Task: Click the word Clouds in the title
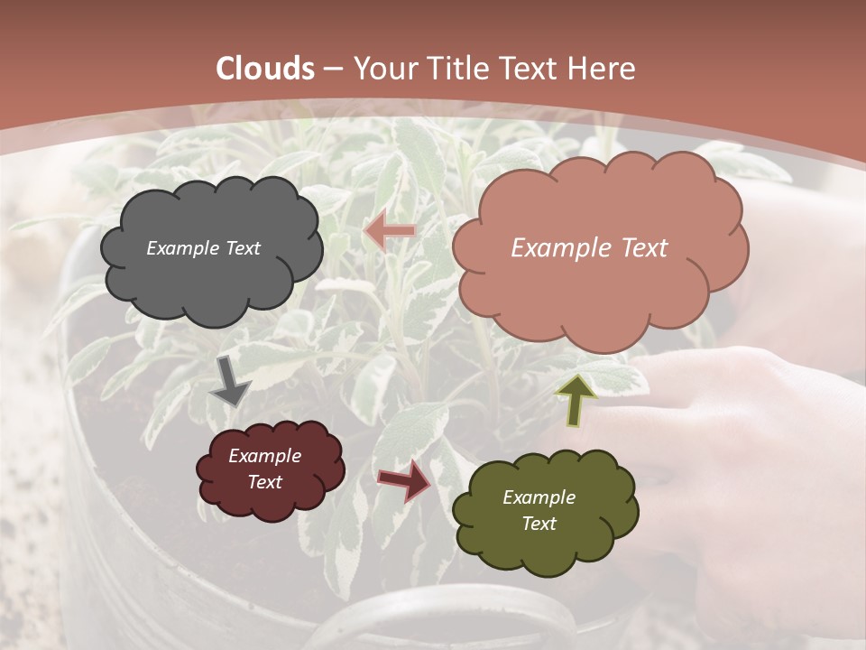click(x=266, y=69)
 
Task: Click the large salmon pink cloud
click(x=600, y=248)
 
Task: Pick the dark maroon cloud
click(x=270, y=469)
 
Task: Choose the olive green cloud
click(x=545, y=510)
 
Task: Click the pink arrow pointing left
click(x=390, y=231)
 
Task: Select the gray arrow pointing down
click(x=231, y=380)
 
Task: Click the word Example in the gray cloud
click(x=181, y=248)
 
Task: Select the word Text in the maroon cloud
click(x=264, y=482)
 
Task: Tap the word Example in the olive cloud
click(x=539, y=497)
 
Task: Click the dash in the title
click(x=333, y=69)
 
